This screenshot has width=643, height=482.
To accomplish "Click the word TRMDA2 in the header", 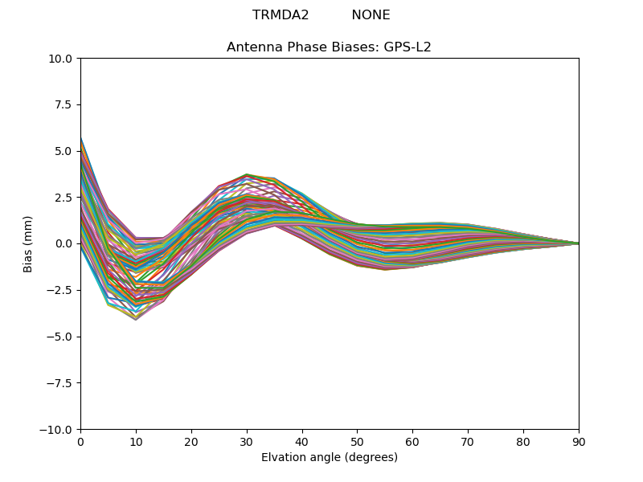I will point(281,15).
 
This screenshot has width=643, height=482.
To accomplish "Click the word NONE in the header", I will point(371,15).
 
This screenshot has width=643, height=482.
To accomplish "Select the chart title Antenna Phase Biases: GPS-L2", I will point(329,47).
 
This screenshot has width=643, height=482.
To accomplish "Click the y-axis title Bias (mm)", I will point(28,243).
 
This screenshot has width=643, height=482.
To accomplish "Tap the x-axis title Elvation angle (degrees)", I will point(329,458).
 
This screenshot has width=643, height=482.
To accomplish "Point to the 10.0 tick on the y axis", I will point(63,59).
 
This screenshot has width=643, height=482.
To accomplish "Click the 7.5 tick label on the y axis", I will point(65,104).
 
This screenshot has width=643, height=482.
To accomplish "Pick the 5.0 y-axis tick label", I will point(65,151).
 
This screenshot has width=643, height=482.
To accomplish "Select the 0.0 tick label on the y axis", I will point(65,243).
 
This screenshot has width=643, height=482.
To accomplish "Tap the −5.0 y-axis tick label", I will point(62,337).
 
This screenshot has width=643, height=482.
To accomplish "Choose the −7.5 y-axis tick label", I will point(62,382).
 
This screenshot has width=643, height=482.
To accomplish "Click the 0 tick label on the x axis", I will point(80,442).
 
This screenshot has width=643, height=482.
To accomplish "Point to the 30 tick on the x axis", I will point(247,442).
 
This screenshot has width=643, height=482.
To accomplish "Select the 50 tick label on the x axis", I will point(357,442).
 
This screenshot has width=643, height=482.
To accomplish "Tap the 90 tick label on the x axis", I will point(579,442).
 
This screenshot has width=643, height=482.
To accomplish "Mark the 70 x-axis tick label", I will point(468,442).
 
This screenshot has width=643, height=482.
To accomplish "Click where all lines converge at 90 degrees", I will point(578,243).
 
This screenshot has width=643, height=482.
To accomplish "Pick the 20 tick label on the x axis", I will point(191,442).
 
